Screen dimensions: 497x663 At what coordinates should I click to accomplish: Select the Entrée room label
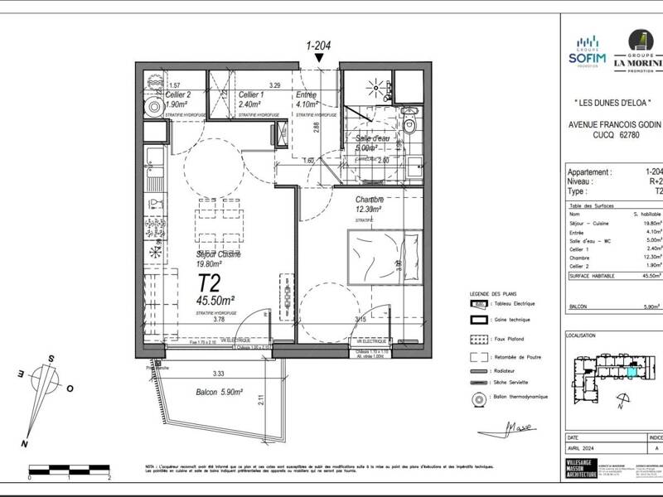[x=306, y=95]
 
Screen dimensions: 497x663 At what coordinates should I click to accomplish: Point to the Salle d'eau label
[x=372, y=138]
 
